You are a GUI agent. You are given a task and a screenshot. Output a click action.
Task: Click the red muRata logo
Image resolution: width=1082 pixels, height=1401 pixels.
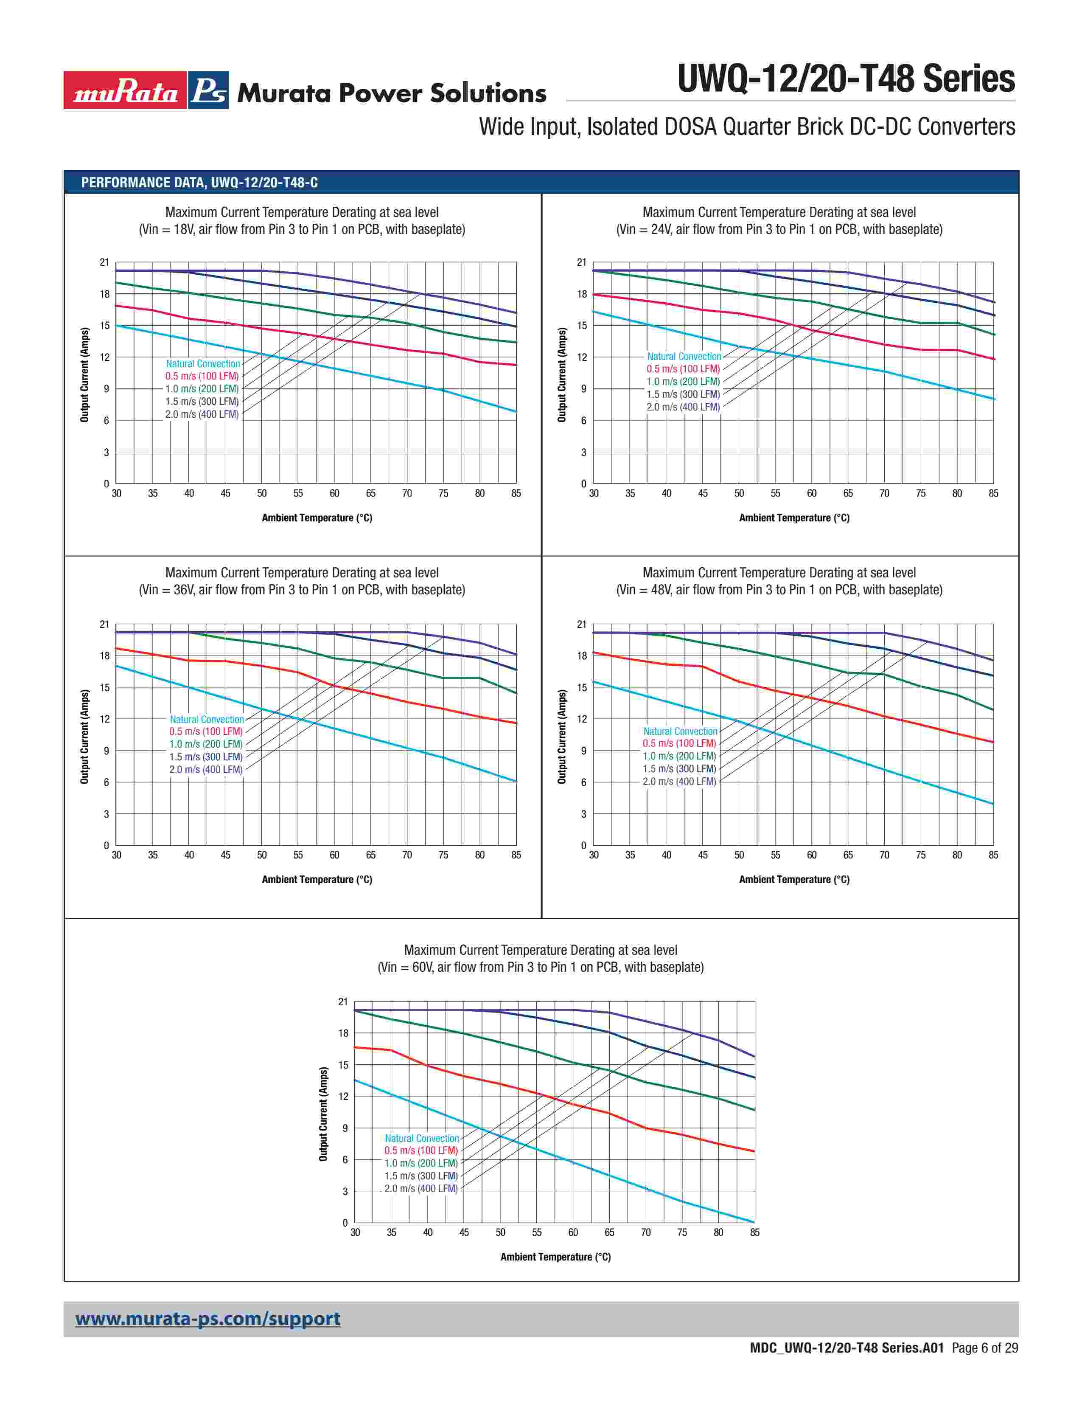[125, 90]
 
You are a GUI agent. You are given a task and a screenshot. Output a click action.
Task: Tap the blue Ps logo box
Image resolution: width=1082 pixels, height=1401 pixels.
[208, 90]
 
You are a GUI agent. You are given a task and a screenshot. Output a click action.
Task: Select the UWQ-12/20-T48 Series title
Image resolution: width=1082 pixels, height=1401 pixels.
[846, 79]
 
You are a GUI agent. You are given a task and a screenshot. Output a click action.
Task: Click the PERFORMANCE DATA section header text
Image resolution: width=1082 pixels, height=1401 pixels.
[199, 182]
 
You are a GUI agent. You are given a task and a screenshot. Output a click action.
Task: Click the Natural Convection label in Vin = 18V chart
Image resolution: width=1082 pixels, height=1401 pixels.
[202, 364]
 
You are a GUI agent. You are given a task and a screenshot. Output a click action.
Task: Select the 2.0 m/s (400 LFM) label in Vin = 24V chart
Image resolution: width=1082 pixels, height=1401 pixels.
[683, 407]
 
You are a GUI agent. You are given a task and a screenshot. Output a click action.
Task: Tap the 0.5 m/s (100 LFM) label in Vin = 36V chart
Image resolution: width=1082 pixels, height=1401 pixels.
[206, 731]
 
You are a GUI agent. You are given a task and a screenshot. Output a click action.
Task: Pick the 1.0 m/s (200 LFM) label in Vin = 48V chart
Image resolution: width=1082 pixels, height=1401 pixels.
[679, 756]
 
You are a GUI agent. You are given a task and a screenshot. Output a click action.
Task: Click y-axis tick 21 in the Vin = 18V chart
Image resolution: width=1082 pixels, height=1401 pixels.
[104, 262]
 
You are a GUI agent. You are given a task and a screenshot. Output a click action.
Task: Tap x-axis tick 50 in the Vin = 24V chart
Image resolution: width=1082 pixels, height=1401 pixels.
[739, 493]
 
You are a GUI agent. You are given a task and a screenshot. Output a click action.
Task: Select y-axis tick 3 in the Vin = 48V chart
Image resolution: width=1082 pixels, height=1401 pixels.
[583, 814]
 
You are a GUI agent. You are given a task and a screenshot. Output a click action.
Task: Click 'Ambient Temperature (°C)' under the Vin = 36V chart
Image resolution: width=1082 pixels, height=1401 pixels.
[317, 880]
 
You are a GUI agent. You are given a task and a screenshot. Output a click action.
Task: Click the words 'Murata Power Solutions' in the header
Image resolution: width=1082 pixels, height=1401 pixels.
[392, 94]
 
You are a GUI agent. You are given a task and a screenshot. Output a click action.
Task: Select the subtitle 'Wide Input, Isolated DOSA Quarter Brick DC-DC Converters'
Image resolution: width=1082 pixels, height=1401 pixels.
[747, 127]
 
